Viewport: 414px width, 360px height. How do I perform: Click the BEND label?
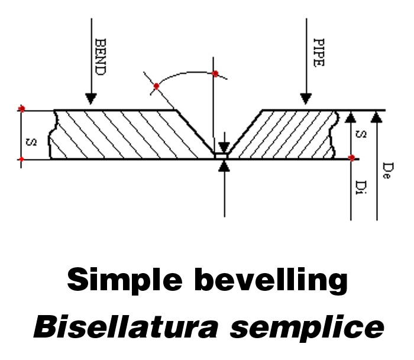[100, 57]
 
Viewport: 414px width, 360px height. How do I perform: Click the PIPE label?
[318, 54]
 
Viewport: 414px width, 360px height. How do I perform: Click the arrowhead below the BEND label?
[90, 98]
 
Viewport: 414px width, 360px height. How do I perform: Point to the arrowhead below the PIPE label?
[305, 98]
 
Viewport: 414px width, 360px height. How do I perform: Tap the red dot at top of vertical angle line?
[215, 74]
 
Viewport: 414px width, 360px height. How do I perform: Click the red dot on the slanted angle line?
[157, 86]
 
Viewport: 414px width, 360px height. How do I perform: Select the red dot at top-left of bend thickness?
[22, 109]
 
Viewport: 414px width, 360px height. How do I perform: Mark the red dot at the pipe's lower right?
[352, 158]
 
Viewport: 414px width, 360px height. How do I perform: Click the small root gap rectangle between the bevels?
[222, 156]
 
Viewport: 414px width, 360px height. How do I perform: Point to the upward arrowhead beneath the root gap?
[223, 167]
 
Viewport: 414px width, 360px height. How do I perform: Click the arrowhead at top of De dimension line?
[377, 116]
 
